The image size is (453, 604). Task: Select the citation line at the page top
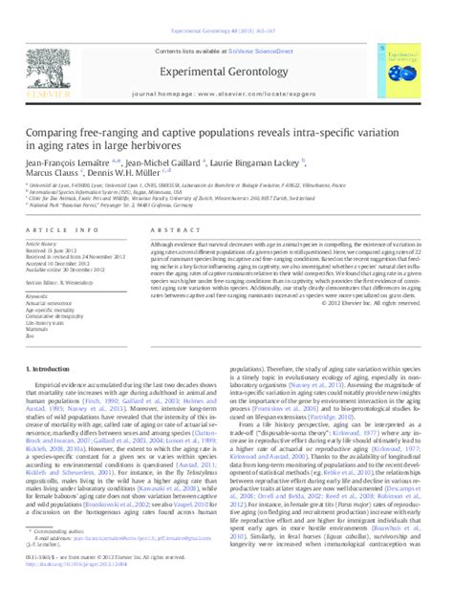point(226,7)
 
